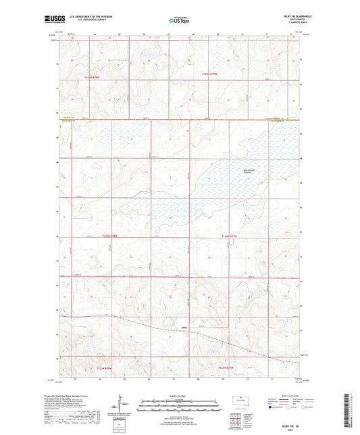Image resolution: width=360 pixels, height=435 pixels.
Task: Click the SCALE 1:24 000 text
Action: click(180, 396)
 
